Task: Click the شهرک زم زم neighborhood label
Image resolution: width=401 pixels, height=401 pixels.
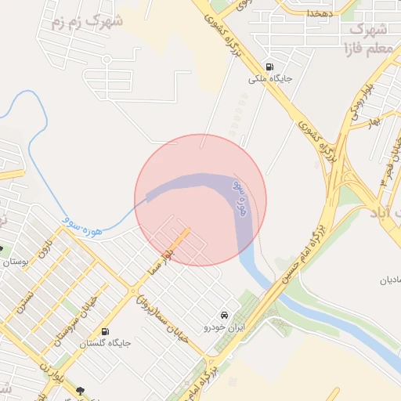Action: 87,22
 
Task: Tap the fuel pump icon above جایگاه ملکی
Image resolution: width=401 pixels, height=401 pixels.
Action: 269,67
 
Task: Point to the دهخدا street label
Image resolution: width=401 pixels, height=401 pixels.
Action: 320,13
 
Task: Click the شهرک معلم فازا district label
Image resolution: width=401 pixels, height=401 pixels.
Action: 367,40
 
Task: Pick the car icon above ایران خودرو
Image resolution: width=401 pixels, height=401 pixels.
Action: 225,313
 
